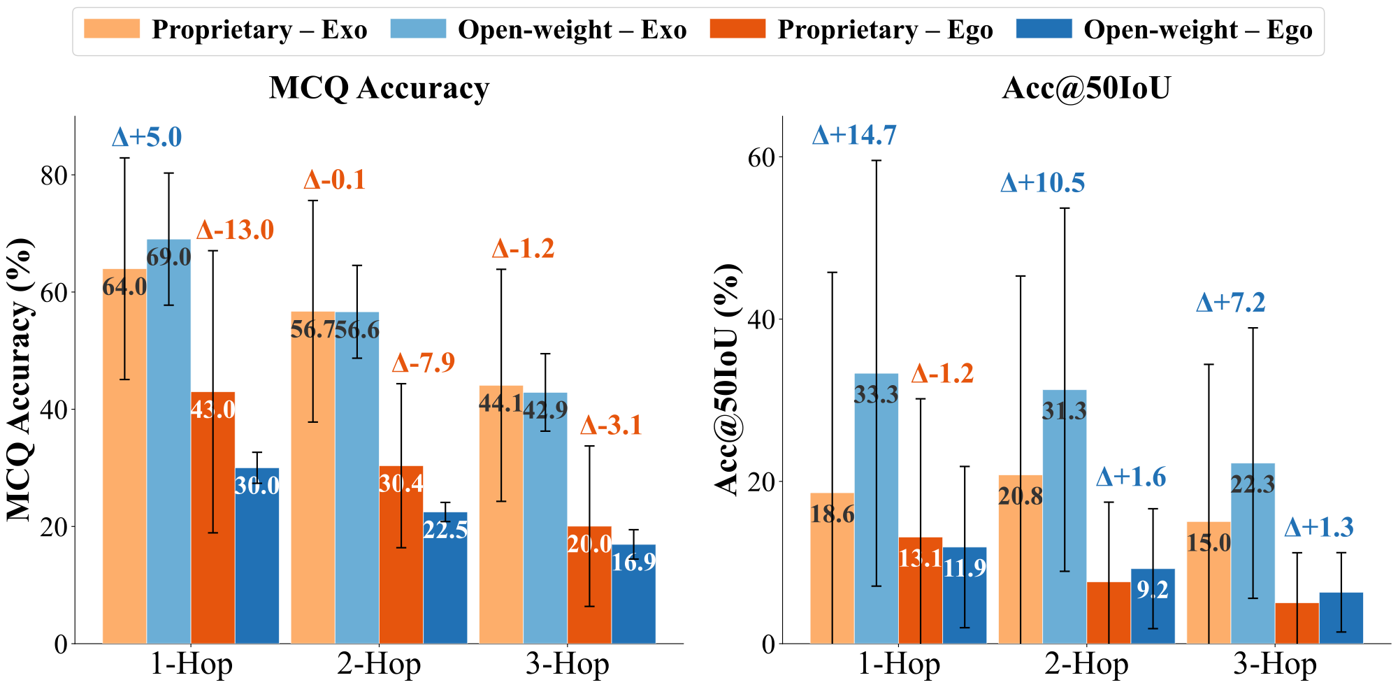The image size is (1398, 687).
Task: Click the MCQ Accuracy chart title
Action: pyautogui.click(x=379, y=89)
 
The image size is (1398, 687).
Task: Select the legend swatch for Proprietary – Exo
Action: pyautogui.click(x=112, y=29)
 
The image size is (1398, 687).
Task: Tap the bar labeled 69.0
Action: pyautogui.click(x=168, y=440)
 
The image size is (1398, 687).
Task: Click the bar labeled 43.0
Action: pyautogui.click(x=212, y=517)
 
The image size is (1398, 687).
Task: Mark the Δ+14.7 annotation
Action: pyautogui.click(x=853, y=136)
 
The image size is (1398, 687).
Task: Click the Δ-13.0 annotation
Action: pyautogui.click(x=235, y=230)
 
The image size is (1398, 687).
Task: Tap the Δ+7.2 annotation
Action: pyautogui.click(x=1230, y=303)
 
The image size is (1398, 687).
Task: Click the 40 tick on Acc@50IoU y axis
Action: pyautogui.click(x=762, y=319)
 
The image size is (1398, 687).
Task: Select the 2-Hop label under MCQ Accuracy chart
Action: pyautogui.click(x=379, y=665)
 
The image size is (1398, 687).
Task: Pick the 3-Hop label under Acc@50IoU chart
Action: pyautogui.click(x=1274, y=665)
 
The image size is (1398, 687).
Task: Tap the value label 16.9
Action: pyautogui.click(x=633, y=561)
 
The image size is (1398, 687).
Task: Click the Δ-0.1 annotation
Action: pyautogui.click(x=334, y=180)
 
